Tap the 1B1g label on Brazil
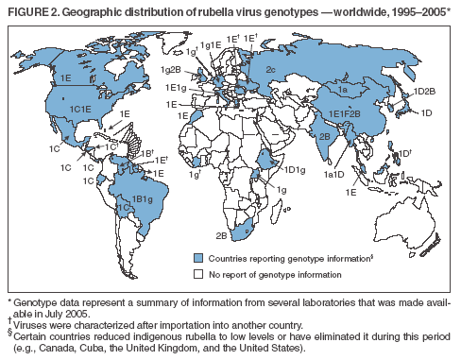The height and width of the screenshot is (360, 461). click(x=143, y=198)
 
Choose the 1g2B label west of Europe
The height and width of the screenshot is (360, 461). click(x=171, y=69)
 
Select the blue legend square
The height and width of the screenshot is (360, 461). click(x=198, y=257)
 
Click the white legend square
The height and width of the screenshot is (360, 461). click(x=198, y=273)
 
